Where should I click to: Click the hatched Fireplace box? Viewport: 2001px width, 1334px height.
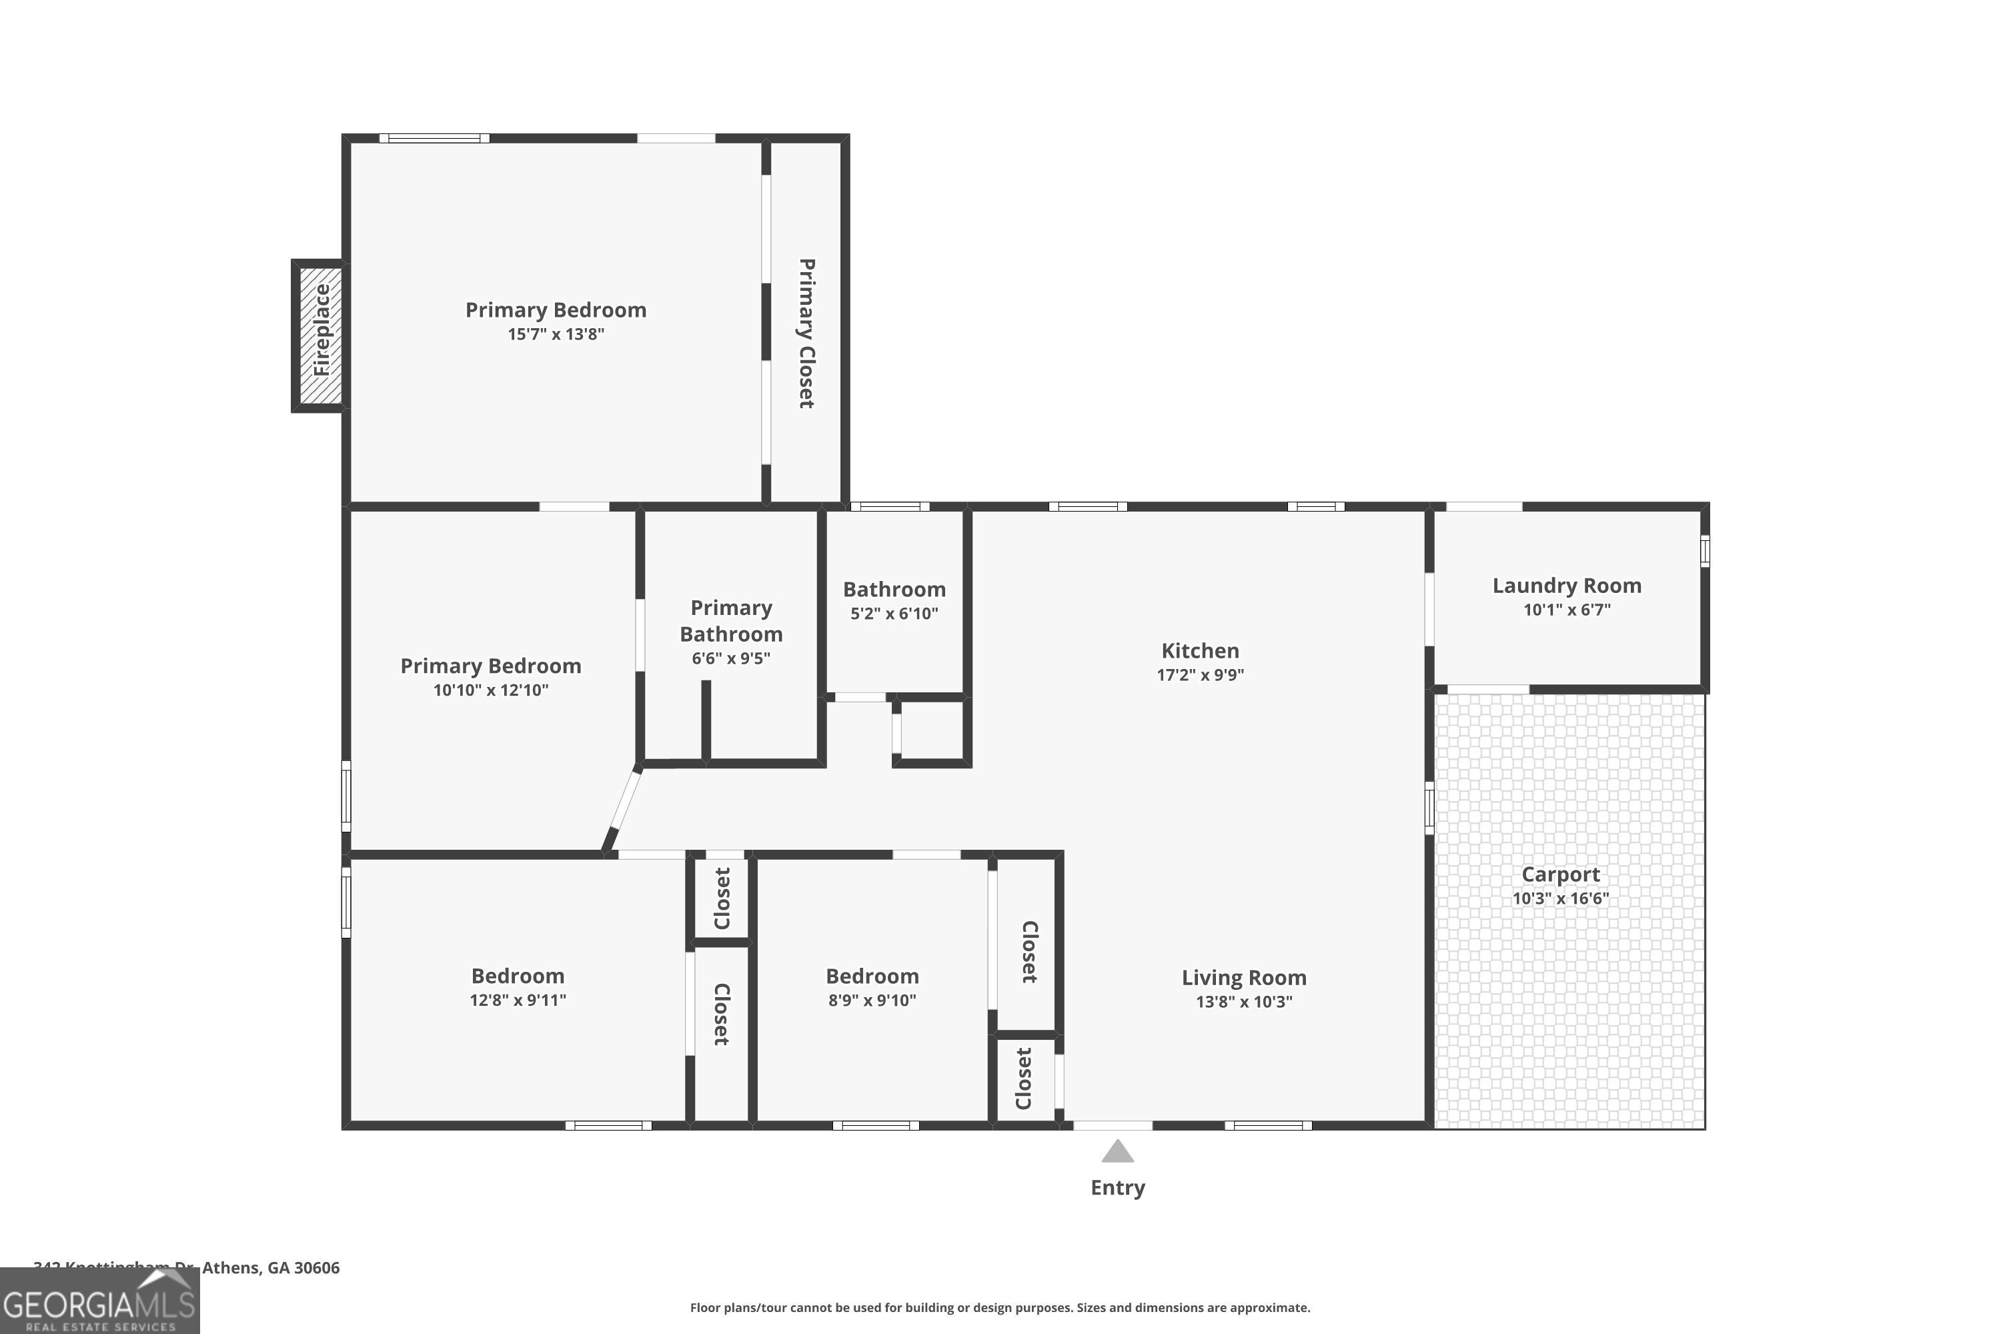[321, 336]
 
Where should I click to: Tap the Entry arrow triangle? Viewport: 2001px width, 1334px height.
[1117, 1152]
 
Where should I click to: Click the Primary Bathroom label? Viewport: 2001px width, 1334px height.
[731, 621]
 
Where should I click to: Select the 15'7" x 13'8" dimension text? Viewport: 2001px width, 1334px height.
[556, 334]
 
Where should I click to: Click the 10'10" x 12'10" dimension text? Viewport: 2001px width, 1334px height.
[491, 690]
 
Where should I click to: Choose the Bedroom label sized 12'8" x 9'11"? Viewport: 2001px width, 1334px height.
[518, 976]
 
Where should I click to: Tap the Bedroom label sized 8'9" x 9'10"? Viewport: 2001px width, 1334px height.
[872, 976]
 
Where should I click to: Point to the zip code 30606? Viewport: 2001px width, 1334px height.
[316, 1268]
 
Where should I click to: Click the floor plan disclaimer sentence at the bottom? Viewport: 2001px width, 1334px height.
[1000, 1307]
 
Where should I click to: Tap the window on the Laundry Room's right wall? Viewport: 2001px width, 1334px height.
[1704, 552]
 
